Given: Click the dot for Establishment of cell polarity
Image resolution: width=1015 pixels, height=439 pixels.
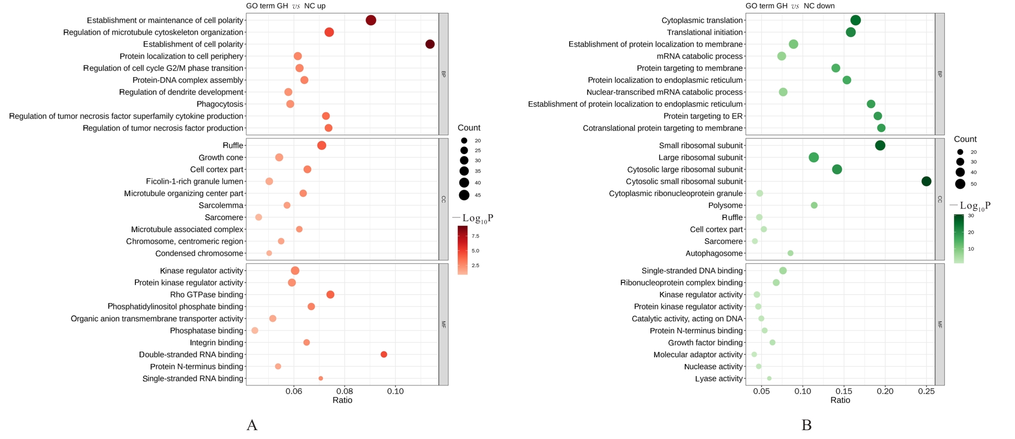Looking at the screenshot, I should point(430,44).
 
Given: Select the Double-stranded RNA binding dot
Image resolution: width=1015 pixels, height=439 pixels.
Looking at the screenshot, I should point(384,354).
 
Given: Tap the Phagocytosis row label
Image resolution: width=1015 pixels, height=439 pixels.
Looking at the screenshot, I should point(220,104).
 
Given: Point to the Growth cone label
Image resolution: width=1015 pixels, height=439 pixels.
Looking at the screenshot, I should point(221,158).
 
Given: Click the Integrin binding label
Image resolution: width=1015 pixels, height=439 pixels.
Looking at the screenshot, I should point(216,343).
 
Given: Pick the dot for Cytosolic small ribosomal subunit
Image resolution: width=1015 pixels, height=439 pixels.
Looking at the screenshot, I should point(926,181).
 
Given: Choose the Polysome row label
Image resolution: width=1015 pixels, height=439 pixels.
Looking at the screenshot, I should point(725,205).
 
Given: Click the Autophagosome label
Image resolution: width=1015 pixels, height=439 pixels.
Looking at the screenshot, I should point(714,253).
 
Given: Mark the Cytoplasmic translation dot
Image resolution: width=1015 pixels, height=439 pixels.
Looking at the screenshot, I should point(855,20).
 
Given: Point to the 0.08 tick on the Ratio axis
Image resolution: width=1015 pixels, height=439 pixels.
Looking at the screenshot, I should point(344,391).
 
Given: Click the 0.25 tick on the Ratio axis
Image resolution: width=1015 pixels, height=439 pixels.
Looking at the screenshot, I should point(926,391).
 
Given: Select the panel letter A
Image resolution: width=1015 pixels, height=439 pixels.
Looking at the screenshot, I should point(252,425).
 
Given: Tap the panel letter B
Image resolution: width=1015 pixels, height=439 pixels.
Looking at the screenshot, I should point(806,425).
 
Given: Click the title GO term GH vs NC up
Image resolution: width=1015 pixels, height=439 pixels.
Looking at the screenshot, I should point(285,6).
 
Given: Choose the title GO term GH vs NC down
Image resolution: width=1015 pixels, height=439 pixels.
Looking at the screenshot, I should point(790,6).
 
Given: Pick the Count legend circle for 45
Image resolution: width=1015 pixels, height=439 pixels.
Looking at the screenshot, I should point(464,195).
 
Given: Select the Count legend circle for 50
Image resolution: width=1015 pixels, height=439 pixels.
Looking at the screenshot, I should point(960,184).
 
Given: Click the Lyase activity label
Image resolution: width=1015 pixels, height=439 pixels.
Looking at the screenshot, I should point(719,379).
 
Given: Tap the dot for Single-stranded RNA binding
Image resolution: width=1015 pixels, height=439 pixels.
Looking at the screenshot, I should point(321,378).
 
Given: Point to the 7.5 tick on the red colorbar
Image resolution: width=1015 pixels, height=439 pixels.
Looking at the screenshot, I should point(475,236).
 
